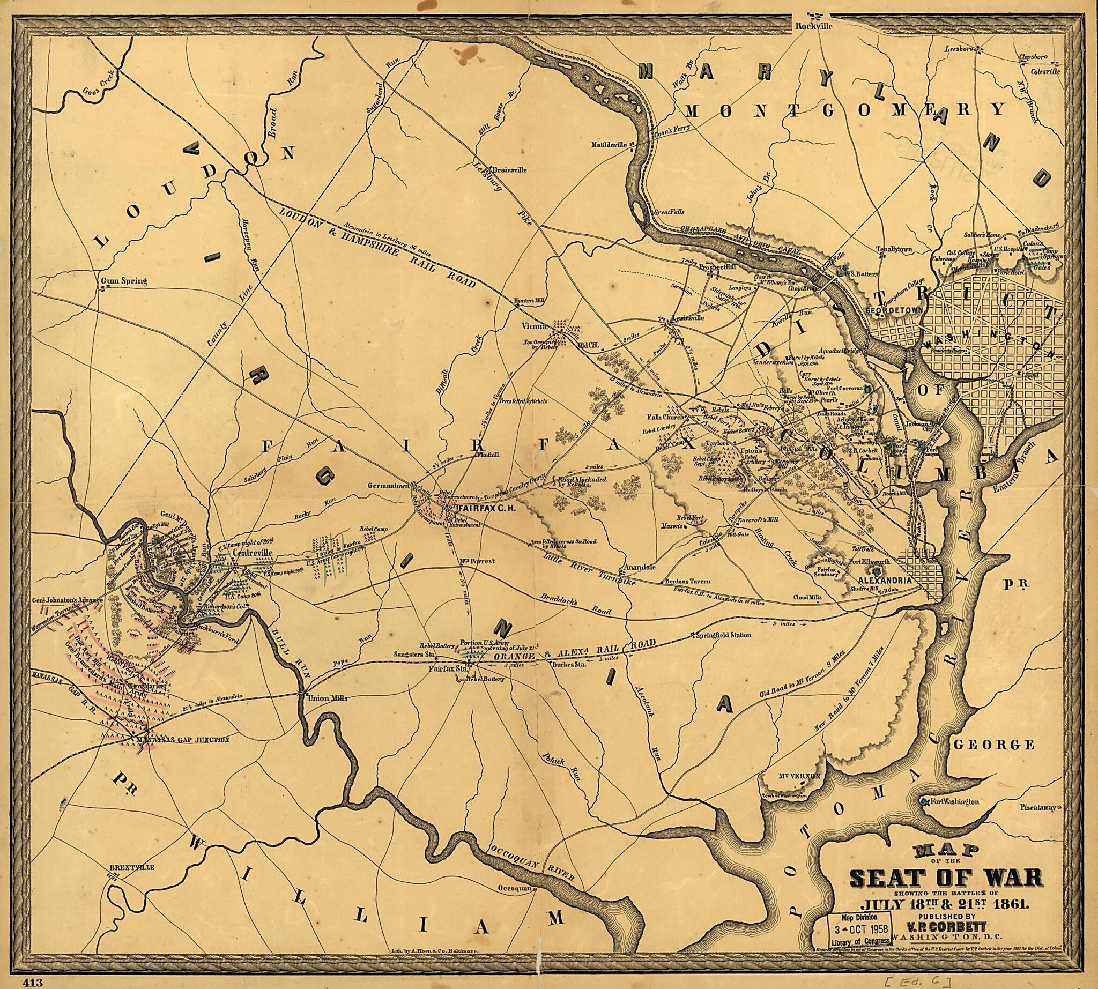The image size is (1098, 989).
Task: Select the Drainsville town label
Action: tap(509, 169)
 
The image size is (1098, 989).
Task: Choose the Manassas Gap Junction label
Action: tap(183, 740)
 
